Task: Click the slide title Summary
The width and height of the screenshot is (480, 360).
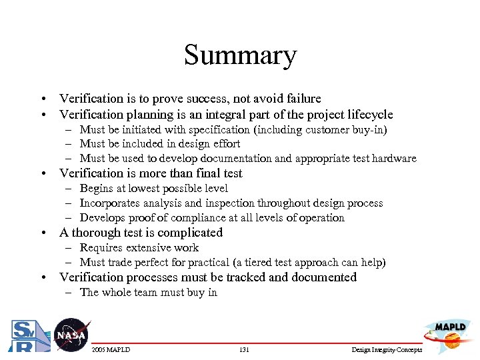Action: tap(240, 55)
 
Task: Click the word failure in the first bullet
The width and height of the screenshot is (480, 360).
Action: tap(301, 99)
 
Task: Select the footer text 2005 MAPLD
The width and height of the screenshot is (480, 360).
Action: tap(111, 350)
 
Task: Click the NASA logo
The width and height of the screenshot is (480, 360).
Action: tap(70, 335)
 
